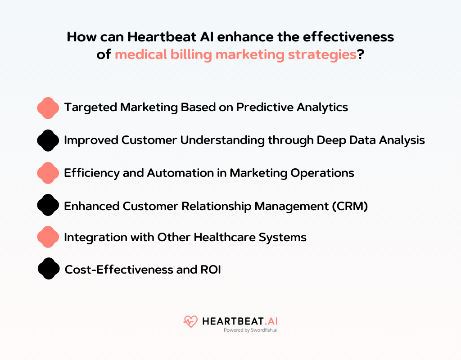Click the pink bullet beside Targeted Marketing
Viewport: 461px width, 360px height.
click(48, 108)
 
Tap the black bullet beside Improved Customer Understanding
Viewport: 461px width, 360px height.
click(48, 140)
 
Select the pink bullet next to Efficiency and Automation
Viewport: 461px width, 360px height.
click(48, 173)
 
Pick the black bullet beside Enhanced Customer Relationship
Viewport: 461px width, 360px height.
click(48, 205)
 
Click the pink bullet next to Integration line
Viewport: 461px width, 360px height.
click(48, 237)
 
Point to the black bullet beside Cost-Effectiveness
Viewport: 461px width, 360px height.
click(49, 269)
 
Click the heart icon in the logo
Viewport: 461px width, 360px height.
click(190, 321)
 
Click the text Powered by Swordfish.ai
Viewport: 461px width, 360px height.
click(250, 330)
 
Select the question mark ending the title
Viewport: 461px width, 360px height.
click(361, 55)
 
